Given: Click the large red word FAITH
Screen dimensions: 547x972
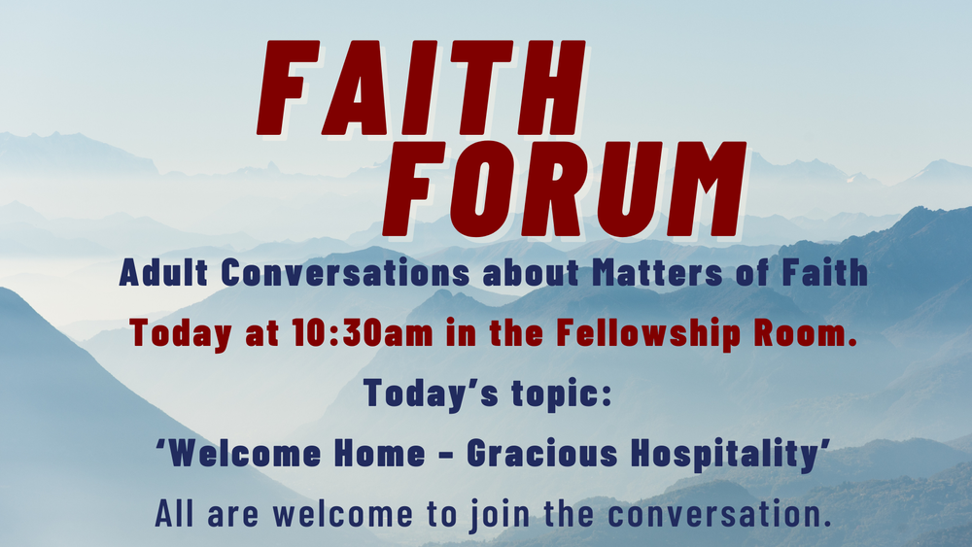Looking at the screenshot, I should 421,88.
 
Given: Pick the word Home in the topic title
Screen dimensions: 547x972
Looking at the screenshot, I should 373,455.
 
